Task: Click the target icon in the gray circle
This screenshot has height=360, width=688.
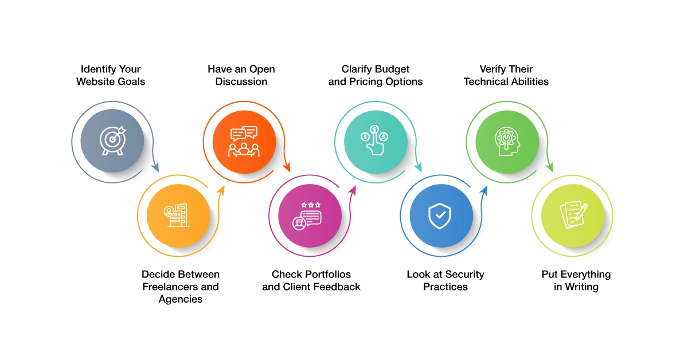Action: tap(113, 140)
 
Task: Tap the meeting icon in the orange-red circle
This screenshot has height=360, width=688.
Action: tap(244, 142)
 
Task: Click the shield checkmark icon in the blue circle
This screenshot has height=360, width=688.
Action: tap(440, 216)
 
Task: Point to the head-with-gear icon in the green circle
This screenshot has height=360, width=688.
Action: tap(507, 141)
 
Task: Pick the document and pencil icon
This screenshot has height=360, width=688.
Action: tap(574, 214)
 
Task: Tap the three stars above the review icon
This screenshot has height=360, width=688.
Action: tap(311, 205)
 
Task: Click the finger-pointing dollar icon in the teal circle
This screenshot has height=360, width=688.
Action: tap(374, 140)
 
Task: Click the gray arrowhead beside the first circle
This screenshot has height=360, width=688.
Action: tap(155, 167)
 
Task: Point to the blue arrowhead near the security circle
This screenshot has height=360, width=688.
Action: tap(484, 190)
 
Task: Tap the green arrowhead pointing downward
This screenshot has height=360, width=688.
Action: tap(549, 167)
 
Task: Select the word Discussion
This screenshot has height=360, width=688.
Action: tap(241, 82)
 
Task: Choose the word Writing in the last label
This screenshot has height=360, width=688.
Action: tap(582, 287)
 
